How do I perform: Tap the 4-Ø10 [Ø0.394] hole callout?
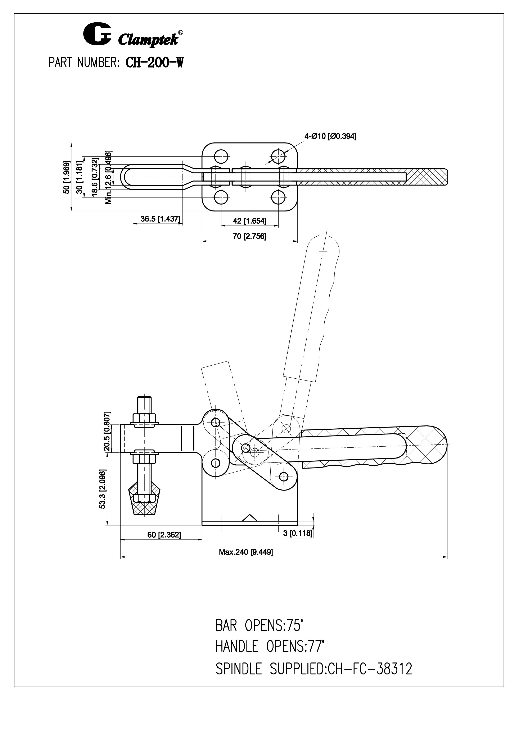point(330,137)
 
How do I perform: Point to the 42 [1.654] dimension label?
point(249,221)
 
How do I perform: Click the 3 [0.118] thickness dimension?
point(297,533)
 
